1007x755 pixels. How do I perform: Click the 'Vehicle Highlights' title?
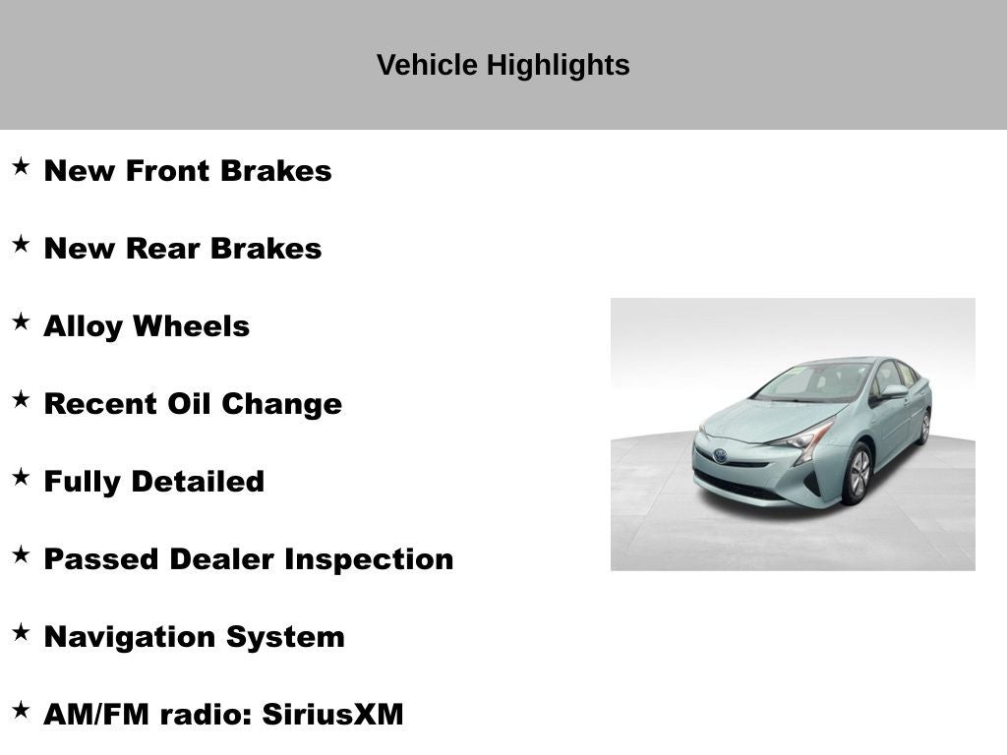[x=503, y=65]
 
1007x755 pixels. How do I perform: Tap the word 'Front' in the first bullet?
[x=167, y=171]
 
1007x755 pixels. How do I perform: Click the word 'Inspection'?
[x=369, y=559]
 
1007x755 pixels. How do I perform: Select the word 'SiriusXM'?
[x=332, y=715]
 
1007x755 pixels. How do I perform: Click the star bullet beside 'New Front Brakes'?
[x=21, y=166]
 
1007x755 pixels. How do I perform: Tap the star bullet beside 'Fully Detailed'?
[x=21, y=477]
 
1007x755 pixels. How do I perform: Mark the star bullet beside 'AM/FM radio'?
[x=21, y=710]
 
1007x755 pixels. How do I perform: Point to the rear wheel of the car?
[x=924, y=427]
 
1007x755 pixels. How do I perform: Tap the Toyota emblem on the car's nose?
[x=721, y=455]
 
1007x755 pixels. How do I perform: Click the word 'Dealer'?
[x=223, y=559]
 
